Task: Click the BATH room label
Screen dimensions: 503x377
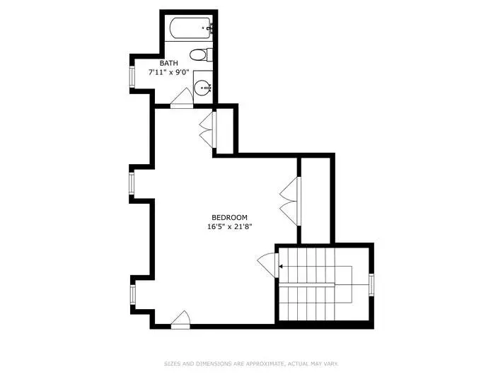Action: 168,63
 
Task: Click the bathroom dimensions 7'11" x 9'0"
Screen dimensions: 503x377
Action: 169,72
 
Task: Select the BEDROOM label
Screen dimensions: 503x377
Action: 229,218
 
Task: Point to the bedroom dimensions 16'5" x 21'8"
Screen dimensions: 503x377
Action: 230,226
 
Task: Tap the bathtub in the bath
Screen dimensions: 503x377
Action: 190,28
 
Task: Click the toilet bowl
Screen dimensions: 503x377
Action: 198,55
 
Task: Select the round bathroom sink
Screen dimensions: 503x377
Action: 203,87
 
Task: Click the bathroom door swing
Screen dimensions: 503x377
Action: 182,97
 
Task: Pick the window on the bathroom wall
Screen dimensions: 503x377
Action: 132,76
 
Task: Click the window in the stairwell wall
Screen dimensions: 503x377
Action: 371,284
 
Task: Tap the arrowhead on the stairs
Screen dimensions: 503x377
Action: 281,267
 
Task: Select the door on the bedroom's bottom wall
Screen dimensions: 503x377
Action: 180,320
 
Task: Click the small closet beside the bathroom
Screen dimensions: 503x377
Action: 225,131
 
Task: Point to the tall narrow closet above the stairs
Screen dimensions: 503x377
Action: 316,201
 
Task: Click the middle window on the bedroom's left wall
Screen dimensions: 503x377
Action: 132,183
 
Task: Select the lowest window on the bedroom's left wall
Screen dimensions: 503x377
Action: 133,294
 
